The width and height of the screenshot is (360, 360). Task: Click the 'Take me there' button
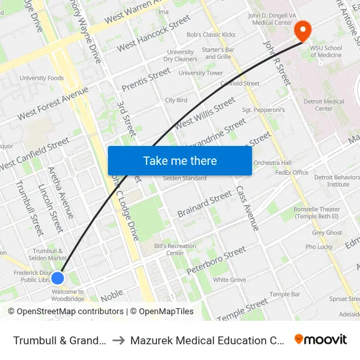[179, 160]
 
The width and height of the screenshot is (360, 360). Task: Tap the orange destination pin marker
[302, 31]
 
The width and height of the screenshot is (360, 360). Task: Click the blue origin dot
[58, 278]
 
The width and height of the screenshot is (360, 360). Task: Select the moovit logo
[321, 339]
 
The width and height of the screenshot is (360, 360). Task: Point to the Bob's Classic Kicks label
[202, 34]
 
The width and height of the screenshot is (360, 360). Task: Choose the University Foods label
[42, 78]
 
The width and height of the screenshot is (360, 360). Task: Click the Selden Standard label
[185, 178]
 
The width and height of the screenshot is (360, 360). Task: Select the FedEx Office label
[292, 173]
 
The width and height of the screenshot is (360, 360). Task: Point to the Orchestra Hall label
[272, 162]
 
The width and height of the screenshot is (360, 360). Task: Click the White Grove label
[229, 279]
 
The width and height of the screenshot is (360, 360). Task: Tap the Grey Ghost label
[327, 232]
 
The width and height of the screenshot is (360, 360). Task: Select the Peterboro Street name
[216, 261]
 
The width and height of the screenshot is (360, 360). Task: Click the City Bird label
[176, 100]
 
